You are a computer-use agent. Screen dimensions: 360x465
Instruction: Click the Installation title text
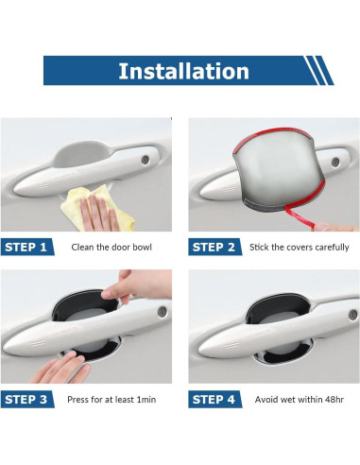[183, 71]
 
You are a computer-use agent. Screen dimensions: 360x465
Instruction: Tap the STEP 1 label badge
[27, 247]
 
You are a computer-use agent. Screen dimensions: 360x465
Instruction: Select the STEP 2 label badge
[214, 247]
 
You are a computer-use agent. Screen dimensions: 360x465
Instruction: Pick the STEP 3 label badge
[27, 400]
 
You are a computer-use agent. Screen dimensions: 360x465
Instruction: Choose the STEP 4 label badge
[214, 400]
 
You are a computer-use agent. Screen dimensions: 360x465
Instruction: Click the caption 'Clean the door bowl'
[111, 247]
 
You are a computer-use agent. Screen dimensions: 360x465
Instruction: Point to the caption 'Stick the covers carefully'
[300, 248]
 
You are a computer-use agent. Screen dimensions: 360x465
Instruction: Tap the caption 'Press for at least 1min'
[111, 400]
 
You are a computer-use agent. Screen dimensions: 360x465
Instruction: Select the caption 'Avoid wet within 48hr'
[300, 400]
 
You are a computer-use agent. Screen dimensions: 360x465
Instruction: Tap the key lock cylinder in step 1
[146, 160]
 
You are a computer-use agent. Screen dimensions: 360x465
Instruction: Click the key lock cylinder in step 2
[335, 163]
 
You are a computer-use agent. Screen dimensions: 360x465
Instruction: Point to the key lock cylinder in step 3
[163, 312]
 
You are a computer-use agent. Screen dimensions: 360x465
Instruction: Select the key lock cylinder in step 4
[353, 315]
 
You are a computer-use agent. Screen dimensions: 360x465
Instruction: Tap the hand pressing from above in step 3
[139, 285]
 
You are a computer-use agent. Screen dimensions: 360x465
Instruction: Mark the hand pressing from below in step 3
[60, 368]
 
